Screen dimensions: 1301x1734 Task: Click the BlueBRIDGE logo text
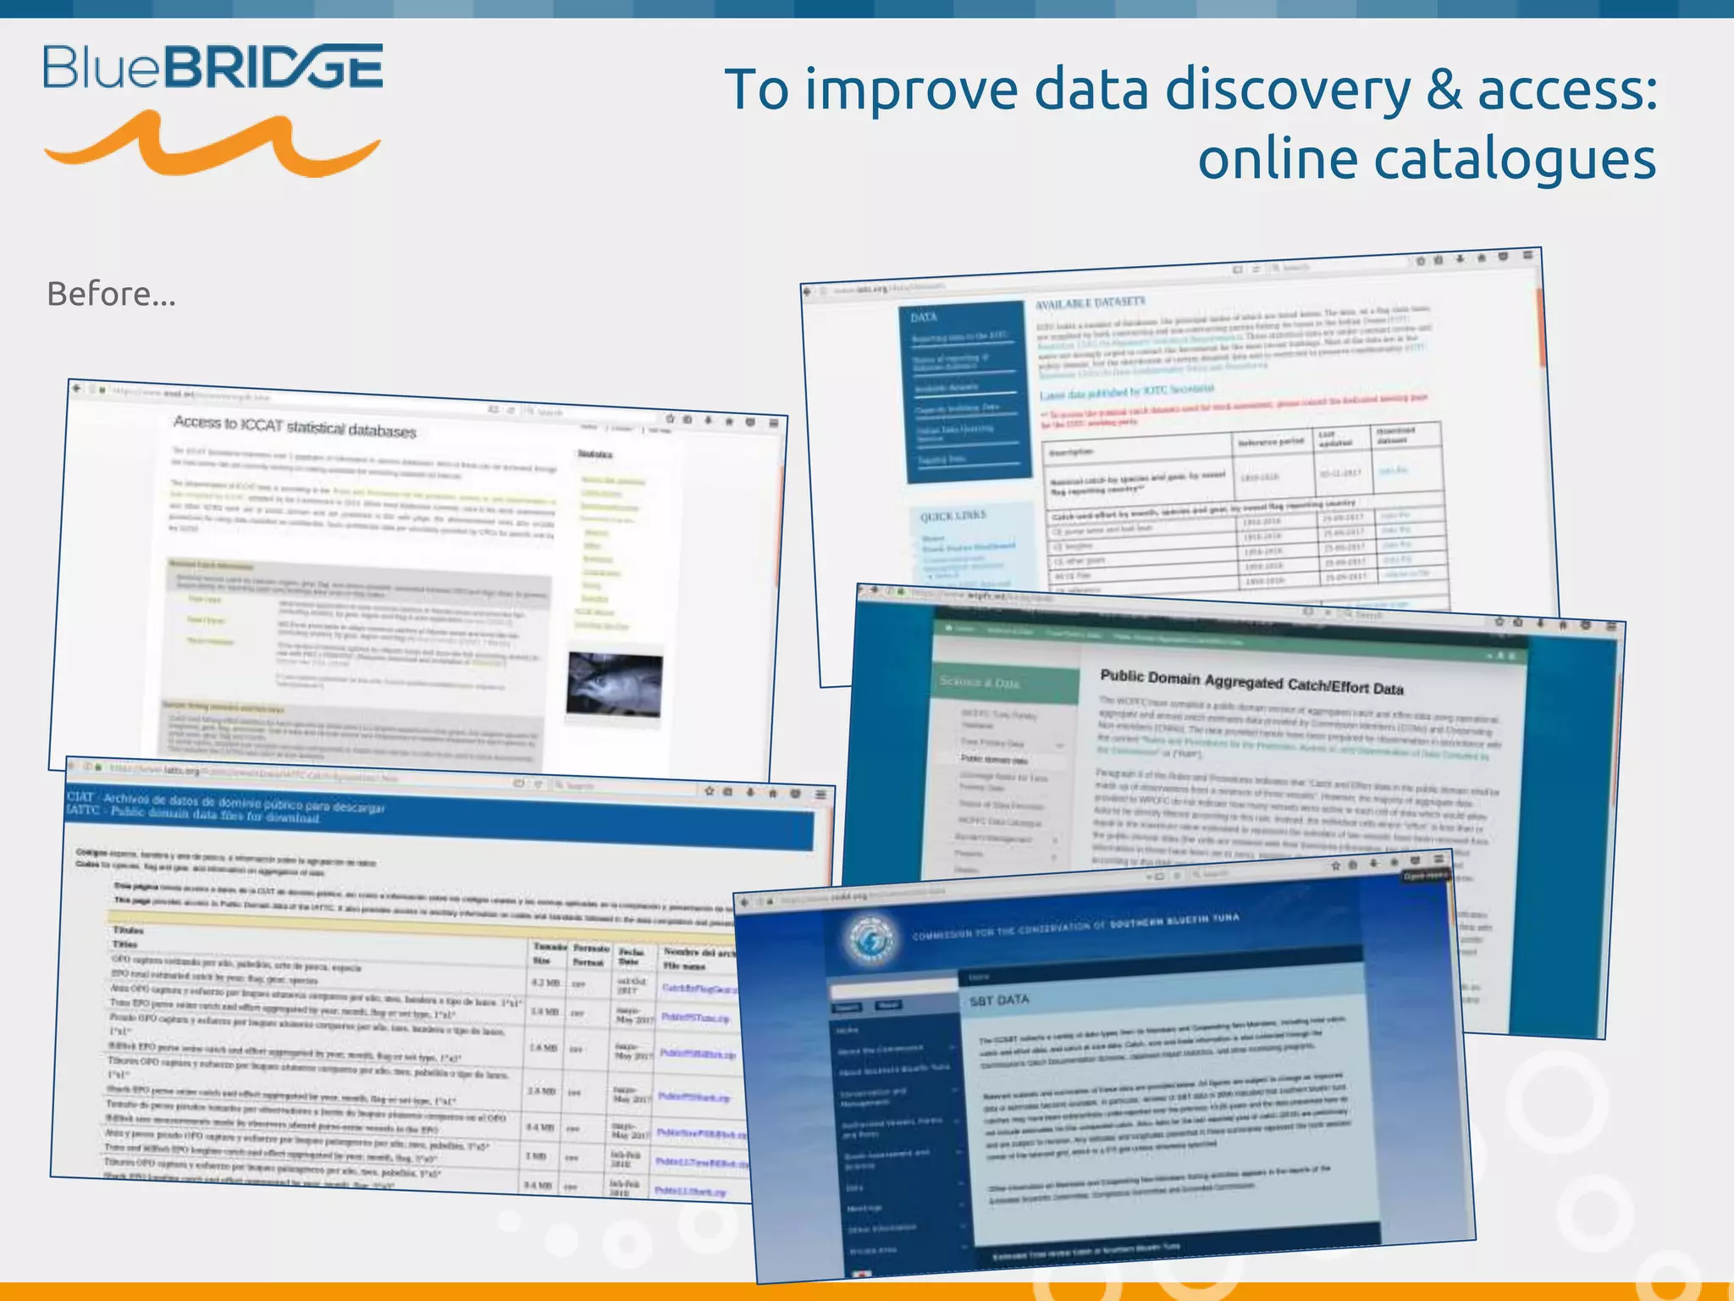(213, 67)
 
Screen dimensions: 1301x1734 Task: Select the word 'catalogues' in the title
(1427, 159)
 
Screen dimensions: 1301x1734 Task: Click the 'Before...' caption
(111, 294)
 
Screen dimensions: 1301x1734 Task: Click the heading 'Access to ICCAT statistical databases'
(295, 426)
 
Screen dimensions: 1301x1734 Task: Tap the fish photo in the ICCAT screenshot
(615, 684)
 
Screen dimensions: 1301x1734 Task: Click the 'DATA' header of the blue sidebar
(924, 317)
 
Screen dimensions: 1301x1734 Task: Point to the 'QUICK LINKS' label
(953, 516)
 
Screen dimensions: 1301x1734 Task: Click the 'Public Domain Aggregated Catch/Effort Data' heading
(1251, 682)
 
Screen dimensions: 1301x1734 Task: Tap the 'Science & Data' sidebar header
(979, 682)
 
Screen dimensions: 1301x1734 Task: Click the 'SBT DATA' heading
(999, 1000)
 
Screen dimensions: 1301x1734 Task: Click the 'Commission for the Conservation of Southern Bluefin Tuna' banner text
(1075, 927)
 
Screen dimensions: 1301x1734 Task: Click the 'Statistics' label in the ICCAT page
(594, 455)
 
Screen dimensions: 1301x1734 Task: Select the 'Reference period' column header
(1270, 442)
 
